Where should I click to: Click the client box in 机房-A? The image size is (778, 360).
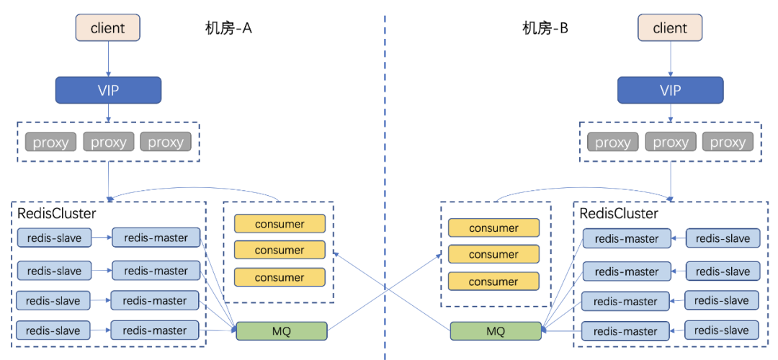[108, 28]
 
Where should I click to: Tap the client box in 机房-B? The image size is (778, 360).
[670, 28]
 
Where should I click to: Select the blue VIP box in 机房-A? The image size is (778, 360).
[108, 90]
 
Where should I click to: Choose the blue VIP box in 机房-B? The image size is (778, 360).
[670, 90]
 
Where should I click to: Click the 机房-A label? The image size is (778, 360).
[228, 28]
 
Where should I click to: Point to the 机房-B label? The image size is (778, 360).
[545, 28]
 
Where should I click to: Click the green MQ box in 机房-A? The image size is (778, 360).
[282, 331]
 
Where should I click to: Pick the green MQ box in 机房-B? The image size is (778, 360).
[496, 331]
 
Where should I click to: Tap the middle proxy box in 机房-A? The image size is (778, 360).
[109, 142]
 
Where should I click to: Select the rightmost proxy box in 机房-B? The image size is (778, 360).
[728, 142]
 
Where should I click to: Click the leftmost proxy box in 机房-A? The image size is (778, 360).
[51, 142]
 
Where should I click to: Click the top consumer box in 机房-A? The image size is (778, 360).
[280, 224]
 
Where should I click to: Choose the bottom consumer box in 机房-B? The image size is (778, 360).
[493, 282]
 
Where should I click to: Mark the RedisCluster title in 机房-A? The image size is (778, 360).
[56, 213]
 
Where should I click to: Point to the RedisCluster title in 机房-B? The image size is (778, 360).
[619, 213]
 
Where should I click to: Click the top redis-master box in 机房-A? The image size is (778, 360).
[156, 238]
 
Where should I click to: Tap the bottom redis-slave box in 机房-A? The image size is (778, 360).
[53, 330]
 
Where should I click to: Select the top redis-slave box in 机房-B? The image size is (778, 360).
[723, 238]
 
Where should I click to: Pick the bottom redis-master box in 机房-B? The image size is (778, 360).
[626, 331]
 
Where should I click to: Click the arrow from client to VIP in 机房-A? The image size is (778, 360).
[108, 58]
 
